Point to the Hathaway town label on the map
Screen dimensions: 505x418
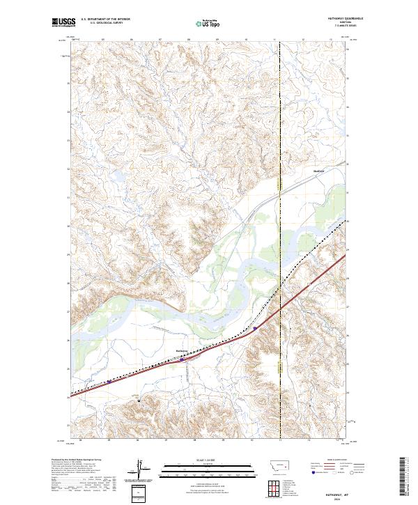tap(180, 350)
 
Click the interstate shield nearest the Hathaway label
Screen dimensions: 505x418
tap(183, 359)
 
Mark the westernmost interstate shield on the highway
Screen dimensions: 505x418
tap(109, 382)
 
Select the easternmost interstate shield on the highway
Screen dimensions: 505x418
tap(255, 327)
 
